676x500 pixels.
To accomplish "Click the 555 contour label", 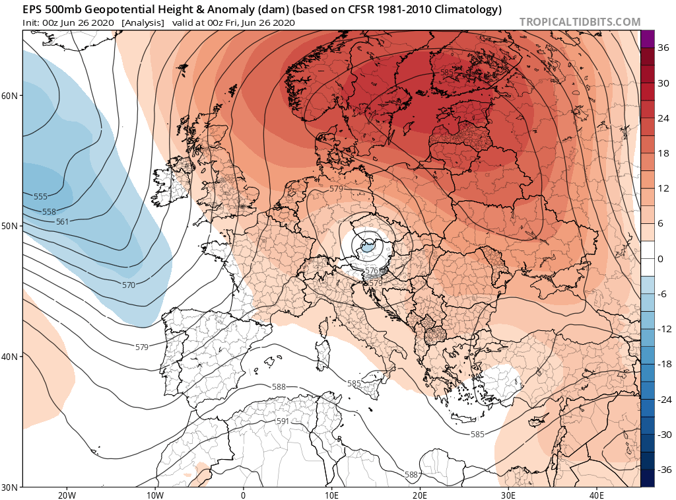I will [x=40, y=197].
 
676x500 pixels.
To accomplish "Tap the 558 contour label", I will [x=48, y=212].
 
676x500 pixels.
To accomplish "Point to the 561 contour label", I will [x=62, y=222].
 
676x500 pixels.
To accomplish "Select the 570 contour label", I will [x=129, y=285].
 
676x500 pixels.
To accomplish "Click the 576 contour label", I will [x=372, y=271].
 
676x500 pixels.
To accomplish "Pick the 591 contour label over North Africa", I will [x=283, y=421].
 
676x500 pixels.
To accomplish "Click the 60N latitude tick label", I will [x=9, y=96].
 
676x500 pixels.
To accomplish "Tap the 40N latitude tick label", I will [x=9, y=357].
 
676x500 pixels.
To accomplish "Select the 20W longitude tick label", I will [x=66, y=495].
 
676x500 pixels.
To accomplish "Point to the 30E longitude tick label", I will [x=508, y=495].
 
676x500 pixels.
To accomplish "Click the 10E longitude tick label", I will [x=331, y=495].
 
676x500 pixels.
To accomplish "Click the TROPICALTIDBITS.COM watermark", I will [x=580, y=22].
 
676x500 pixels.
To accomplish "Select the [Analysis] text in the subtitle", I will [x=143, y=22].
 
